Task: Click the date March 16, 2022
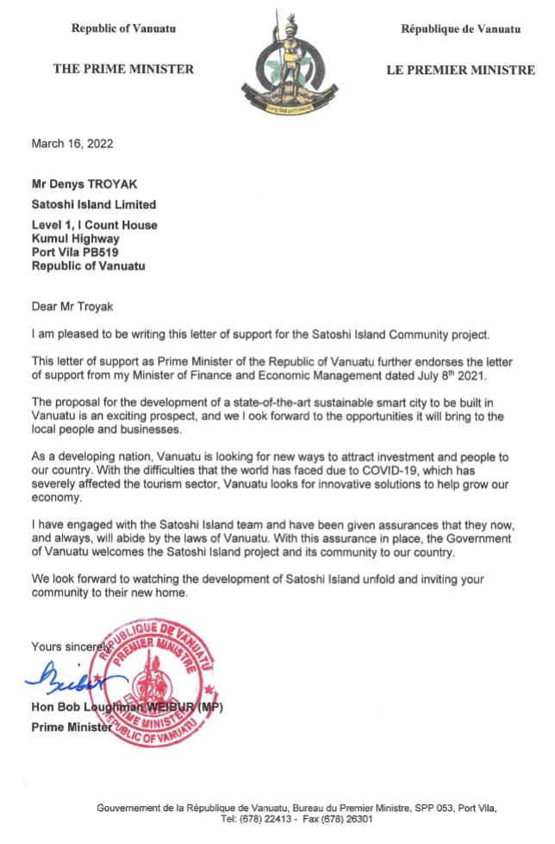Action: click(72, 144)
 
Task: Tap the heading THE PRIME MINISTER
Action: click(123, 69)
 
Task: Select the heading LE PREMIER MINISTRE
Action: click(460, 70)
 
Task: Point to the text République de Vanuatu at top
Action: click(460, 28)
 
